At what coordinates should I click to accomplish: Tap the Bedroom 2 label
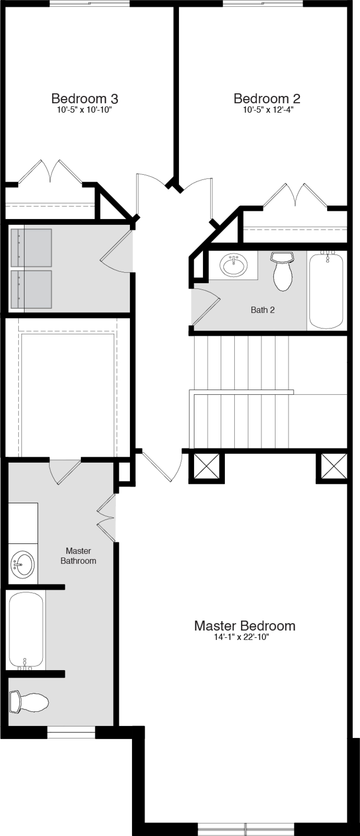[x=267, y=98]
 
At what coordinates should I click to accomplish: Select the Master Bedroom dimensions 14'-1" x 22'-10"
[x=241, y=637]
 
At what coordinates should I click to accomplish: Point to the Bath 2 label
[x=263, y=310]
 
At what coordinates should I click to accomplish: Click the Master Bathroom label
[x=78, y=556]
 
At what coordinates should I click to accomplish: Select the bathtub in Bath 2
[x=326, y=291]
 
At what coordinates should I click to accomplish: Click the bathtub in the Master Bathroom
[x=26, y=630]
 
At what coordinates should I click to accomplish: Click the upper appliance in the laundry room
[x=31, y=248]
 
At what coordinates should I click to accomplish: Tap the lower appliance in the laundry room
[x=31, y=289]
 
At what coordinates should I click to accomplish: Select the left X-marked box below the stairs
[x=206, y=466]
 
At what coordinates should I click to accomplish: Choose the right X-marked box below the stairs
[x=334, y=466]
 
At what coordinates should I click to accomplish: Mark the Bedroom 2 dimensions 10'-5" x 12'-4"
[x=268, y=110]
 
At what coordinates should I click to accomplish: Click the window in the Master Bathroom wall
[x=71, y=733]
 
